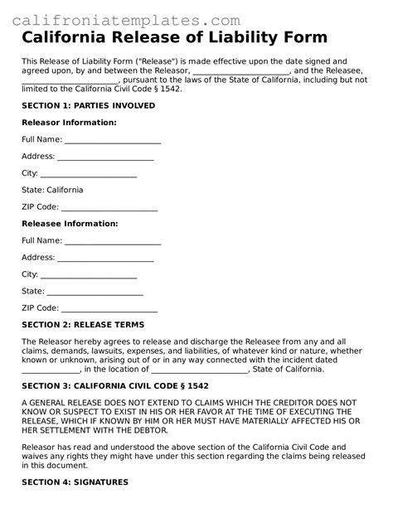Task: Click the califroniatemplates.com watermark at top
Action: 128,19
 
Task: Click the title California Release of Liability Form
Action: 174,38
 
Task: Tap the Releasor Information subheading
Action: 69,123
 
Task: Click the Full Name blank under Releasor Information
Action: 113,140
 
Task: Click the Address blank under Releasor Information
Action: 105,157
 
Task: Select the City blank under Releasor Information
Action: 89,174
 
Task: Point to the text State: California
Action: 52,190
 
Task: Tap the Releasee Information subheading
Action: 70,224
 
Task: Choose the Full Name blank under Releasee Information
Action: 113,241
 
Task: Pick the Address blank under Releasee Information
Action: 105,258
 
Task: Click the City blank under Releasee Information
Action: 89,275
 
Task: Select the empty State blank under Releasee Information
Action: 95,292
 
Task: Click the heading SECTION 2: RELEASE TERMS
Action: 83,325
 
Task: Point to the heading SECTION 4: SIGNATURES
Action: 75,481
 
